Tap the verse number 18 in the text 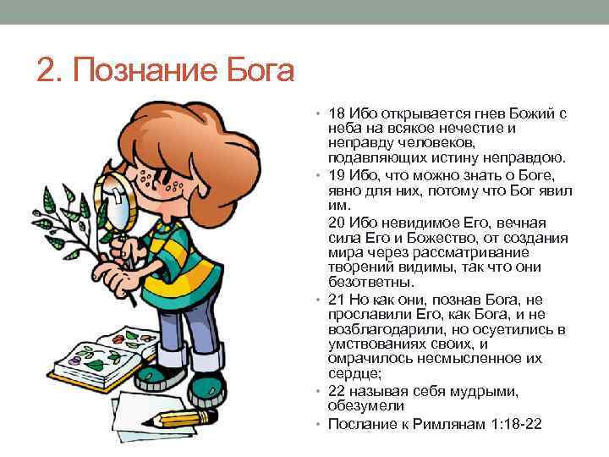[x=337, y=113]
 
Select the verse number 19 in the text [x=337, y=174]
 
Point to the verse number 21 [x=337, y=300]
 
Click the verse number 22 [x=337, y=391]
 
